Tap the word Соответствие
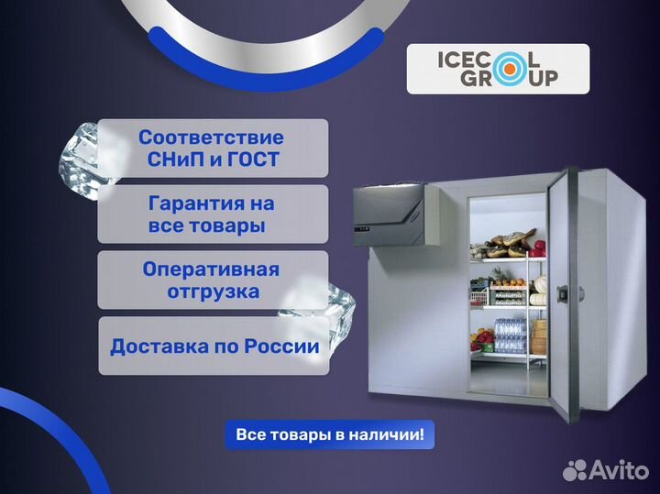coord(211,137)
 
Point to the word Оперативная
coord(211,270)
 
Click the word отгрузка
coord(213,292)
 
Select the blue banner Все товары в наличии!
coord(330,434)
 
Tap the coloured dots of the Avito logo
coord(574,470)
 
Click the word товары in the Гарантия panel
coord(228,225)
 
